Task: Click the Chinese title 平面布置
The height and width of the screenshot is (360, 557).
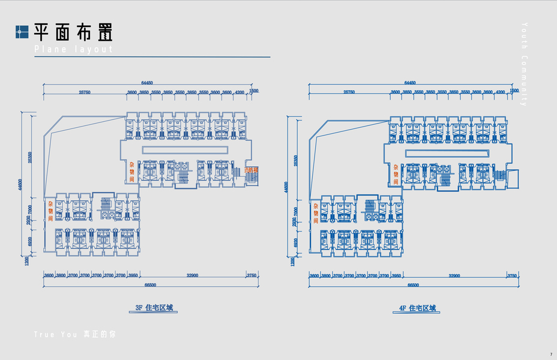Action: tap(73, 32)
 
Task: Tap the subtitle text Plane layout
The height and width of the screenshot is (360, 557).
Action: tap(73, 49)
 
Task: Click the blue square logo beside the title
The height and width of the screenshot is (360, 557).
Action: tap(22, 32)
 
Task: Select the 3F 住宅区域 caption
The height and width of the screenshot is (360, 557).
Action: tap(154, 308)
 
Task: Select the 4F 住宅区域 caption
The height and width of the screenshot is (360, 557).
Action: tap(417, 308)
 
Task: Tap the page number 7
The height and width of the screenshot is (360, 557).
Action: tap(550, 354)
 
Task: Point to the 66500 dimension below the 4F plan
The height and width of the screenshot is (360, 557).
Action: tap(413, 285)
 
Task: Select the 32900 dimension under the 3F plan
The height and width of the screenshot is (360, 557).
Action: tap(193, 275)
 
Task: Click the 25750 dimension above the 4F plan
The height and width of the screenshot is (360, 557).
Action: tap(349, 92)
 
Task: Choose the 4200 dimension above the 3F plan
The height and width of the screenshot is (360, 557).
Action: tap(239, 92)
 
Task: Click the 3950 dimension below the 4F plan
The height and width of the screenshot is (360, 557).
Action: tap(396, 275)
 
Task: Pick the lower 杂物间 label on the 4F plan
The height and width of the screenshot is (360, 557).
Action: tap(316, 213)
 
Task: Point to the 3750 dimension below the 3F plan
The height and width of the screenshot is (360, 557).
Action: tap(252, 275)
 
